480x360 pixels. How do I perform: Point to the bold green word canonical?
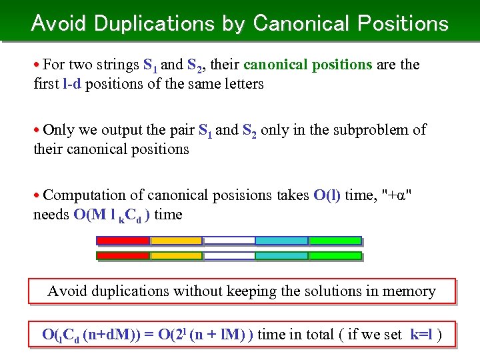click(274, 65)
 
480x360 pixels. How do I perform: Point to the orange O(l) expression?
click(327, 195)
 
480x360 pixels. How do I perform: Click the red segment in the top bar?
click(123, 241)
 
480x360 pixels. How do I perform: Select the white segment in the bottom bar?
click(229, 255)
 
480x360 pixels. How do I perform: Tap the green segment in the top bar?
click(335, 241)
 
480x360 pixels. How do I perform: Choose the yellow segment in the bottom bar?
click(176, 255)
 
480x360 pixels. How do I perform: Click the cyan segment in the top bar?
click(281, 241)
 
